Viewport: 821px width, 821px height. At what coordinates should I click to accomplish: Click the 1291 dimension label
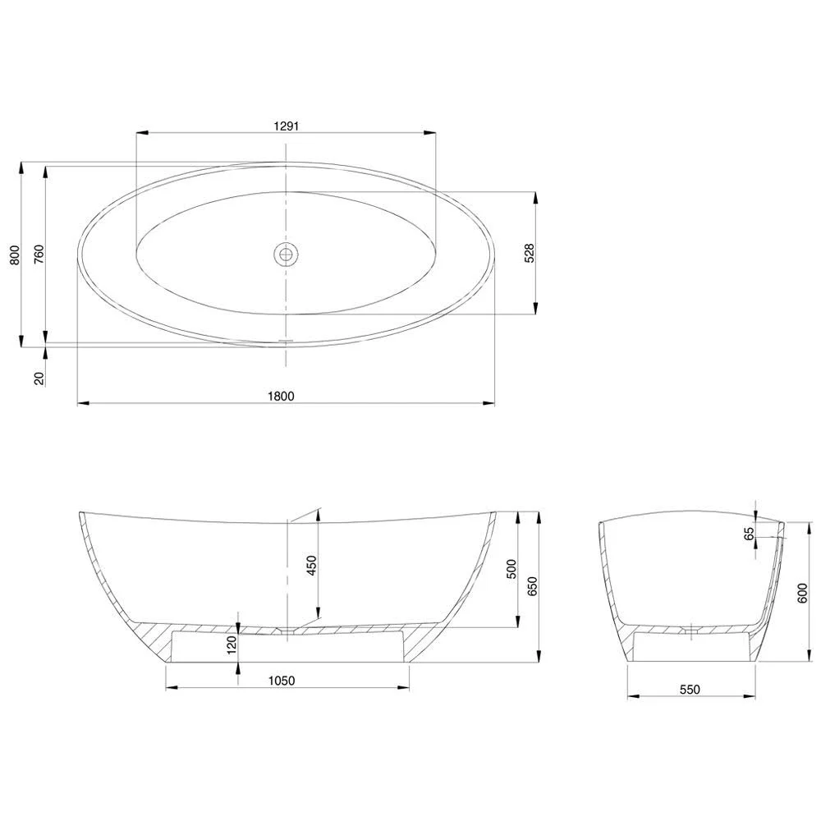[285, 126]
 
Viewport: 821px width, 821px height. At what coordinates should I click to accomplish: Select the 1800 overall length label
[281, 396]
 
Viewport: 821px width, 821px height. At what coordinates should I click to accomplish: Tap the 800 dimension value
[13, 257]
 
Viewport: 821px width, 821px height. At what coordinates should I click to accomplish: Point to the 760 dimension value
[39, 257]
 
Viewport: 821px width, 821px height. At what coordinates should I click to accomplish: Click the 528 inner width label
[530, 253]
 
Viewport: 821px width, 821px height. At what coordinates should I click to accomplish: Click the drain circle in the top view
[286, 254]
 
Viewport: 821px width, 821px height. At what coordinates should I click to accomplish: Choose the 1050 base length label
[281, 681]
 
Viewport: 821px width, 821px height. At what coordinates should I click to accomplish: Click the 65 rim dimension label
[749, 534]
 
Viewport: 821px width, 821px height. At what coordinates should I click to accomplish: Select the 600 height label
[801, 591]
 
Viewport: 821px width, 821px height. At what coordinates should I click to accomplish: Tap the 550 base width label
[690, 690]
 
